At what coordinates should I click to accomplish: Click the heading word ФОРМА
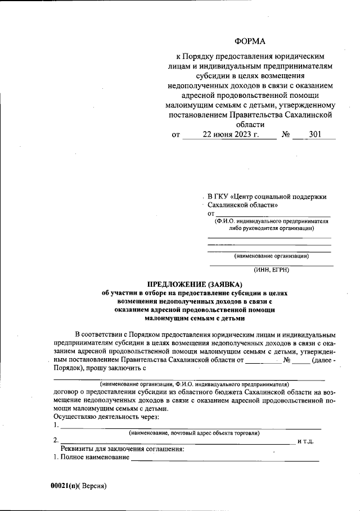(250, 42)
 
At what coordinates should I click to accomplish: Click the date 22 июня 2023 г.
(231, 135)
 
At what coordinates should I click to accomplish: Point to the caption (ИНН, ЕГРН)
(271, 270)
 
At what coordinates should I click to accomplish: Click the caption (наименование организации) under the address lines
(271, 256)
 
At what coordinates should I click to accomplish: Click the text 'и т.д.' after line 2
(305, 441)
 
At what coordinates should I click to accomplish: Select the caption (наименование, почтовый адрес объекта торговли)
(193, 433)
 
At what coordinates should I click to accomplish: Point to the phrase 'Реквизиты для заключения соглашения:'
(122, 450)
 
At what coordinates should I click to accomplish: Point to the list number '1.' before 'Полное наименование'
(56, 459)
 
